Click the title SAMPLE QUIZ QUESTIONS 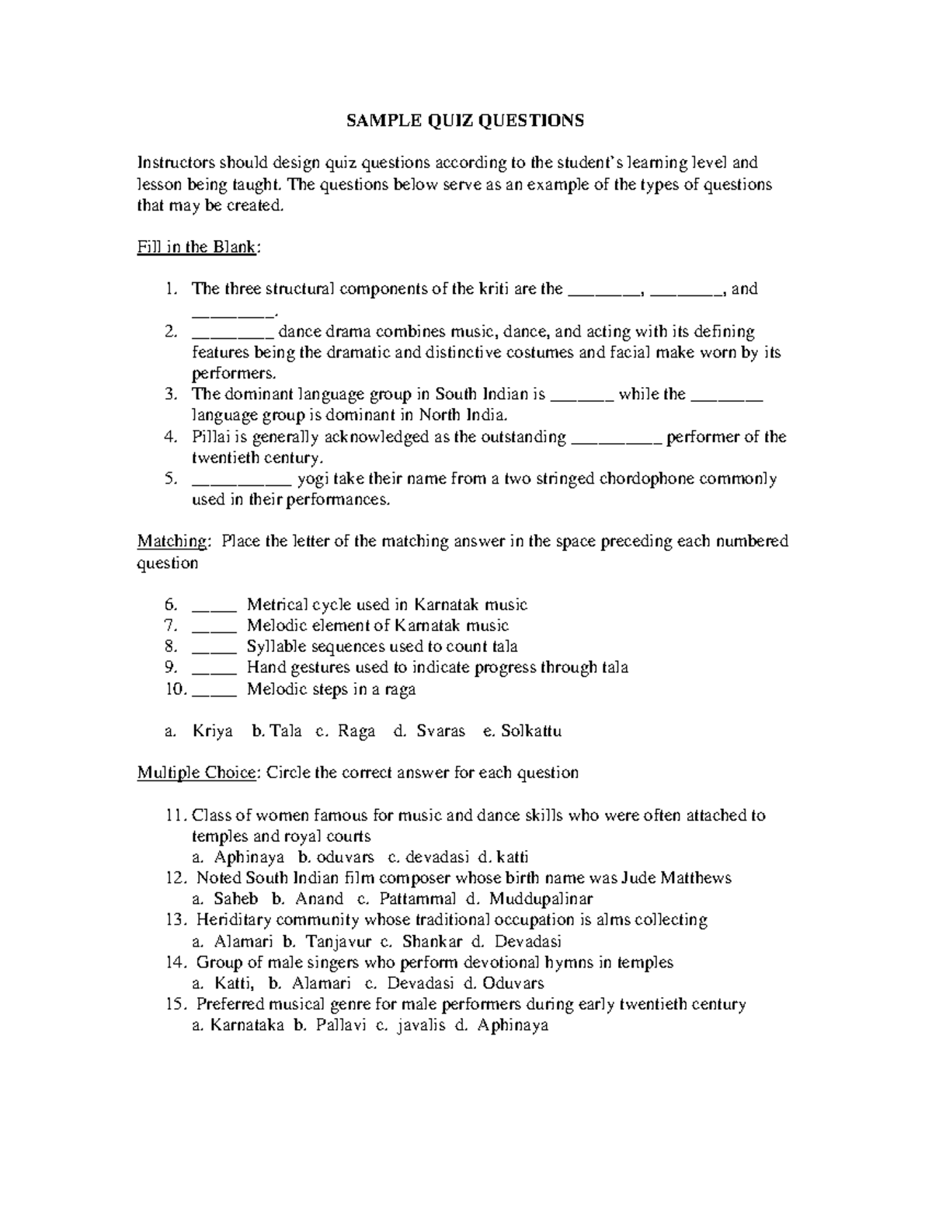(x=464, y=120)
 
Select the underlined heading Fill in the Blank (x=198, y=247)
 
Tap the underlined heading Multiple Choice (x=196, y=773)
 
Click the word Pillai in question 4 (x=210, y=437)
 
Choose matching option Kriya (x=212, y=731)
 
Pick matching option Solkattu (x=531, y=731)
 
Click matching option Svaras (x=440, y=731)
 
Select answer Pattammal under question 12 (x=418, y=899)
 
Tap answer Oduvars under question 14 (x=513, y=983)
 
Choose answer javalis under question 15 (x=421, y=1025)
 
